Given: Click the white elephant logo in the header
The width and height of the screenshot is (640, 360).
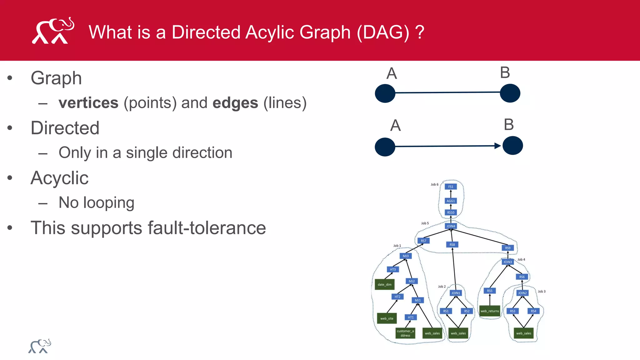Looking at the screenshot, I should point(53,31).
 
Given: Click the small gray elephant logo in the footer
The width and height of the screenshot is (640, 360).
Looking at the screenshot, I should point(40,346).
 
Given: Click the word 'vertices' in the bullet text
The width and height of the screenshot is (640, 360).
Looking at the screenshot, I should point(88,103).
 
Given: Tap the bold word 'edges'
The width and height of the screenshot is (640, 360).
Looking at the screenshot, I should point(235,103).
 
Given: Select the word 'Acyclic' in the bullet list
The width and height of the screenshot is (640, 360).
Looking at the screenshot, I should point(59,178).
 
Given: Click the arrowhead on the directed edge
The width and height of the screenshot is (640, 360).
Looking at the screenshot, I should point(497,146).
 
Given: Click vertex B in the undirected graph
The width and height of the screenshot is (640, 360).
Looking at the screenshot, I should point(510,93).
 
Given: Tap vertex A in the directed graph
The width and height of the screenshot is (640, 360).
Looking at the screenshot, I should point(385,147).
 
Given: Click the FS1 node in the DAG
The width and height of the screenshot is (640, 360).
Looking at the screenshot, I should point(451,187).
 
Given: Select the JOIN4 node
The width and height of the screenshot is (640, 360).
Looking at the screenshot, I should point(451,226).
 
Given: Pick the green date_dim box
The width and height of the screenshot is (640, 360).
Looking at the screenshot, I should point(384,284).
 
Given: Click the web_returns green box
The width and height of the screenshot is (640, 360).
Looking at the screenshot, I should point(490,311).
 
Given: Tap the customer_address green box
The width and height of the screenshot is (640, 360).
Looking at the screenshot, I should point(405,333).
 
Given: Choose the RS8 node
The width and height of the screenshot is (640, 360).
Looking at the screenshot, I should point(452,244).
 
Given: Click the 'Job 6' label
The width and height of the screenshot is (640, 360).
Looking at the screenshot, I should point(434,184).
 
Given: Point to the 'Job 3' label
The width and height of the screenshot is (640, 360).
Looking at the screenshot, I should point(542,291).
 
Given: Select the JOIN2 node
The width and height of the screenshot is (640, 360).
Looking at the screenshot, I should point(522,293).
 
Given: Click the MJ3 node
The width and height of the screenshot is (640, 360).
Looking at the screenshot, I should point(406,256).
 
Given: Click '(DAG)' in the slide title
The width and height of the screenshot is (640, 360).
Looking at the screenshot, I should point(383,32).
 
